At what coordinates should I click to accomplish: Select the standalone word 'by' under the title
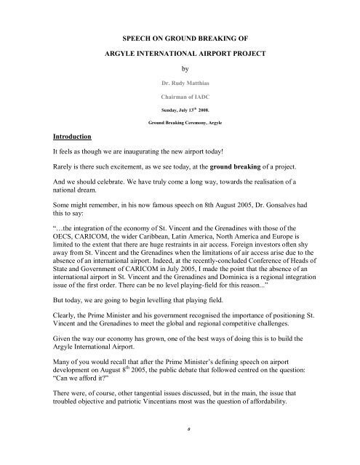[x=184, y=72]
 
